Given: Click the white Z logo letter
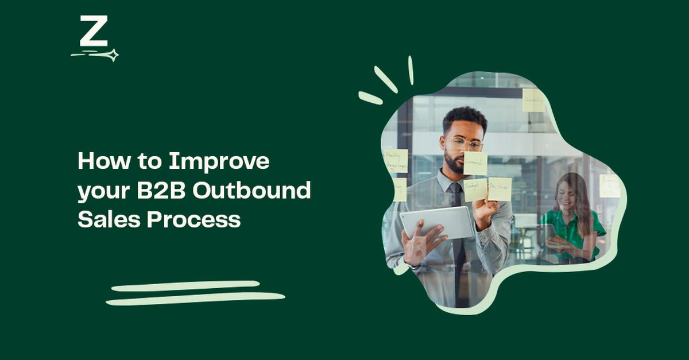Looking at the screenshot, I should click(x=94, y=32).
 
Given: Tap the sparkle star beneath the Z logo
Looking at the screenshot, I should click(x=112, y=55).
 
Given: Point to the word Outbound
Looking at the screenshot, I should click(x=251, y=191).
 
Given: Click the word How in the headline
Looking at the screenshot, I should click(x=98, y=161).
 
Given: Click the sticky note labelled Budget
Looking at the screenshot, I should click(x=475, y=189).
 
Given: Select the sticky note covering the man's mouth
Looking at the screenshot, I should click(x=475, y=163).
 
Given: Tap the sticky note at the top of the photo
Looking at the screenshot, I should click(x=533, y=100).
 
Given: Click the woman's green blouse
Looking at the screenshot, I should click(x=574, y=227).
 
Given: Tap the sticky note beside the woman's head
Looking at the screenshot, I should click(x=609, y=185).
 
